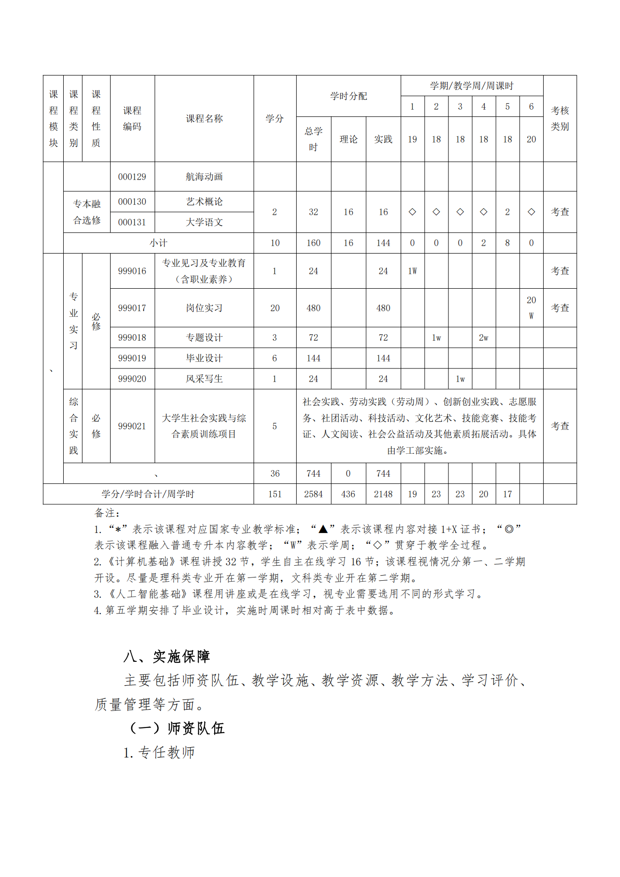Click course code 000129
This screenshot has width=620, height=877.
(132, 177)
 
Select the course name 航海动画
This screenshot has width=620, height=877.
(204, 177)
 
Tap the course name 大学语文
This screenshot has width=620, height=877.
(204, 222)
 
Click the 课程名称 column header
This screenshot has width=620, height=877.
(204, 119)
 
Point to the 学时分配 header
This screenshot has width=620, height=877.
(348, 96)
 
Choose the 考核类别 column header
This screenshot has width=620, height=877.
(560, 119)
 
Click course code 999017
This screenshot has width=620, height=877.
(132, 308)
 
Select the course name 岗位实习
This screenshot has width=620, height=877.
(204, 308)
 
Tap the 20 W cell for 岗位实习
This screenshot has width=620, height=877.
(531, 307)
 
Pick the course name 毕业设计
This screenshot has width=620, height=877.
(204, 358)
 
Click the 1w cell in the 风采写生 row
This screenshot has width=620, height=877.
(460, 379)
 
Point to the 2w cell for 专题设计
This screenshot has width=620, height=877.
(484, 337)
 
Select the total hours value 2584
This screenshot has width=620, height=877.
(313, 494)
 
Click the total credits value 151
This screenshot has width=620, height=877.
(275, 494)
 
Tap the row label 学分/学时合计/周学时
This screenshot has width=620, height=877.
(148, 494)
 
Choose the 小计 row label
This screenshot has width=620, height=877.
(158, 243)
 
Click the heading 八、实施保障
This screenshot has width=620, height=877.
(166, 656)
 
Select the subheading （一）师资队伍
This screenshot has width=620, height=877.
(177, 728)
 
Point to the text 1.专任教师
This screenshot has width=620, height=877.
(159, 752)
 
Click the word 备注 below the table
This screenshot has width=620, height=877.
(107, 513)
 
